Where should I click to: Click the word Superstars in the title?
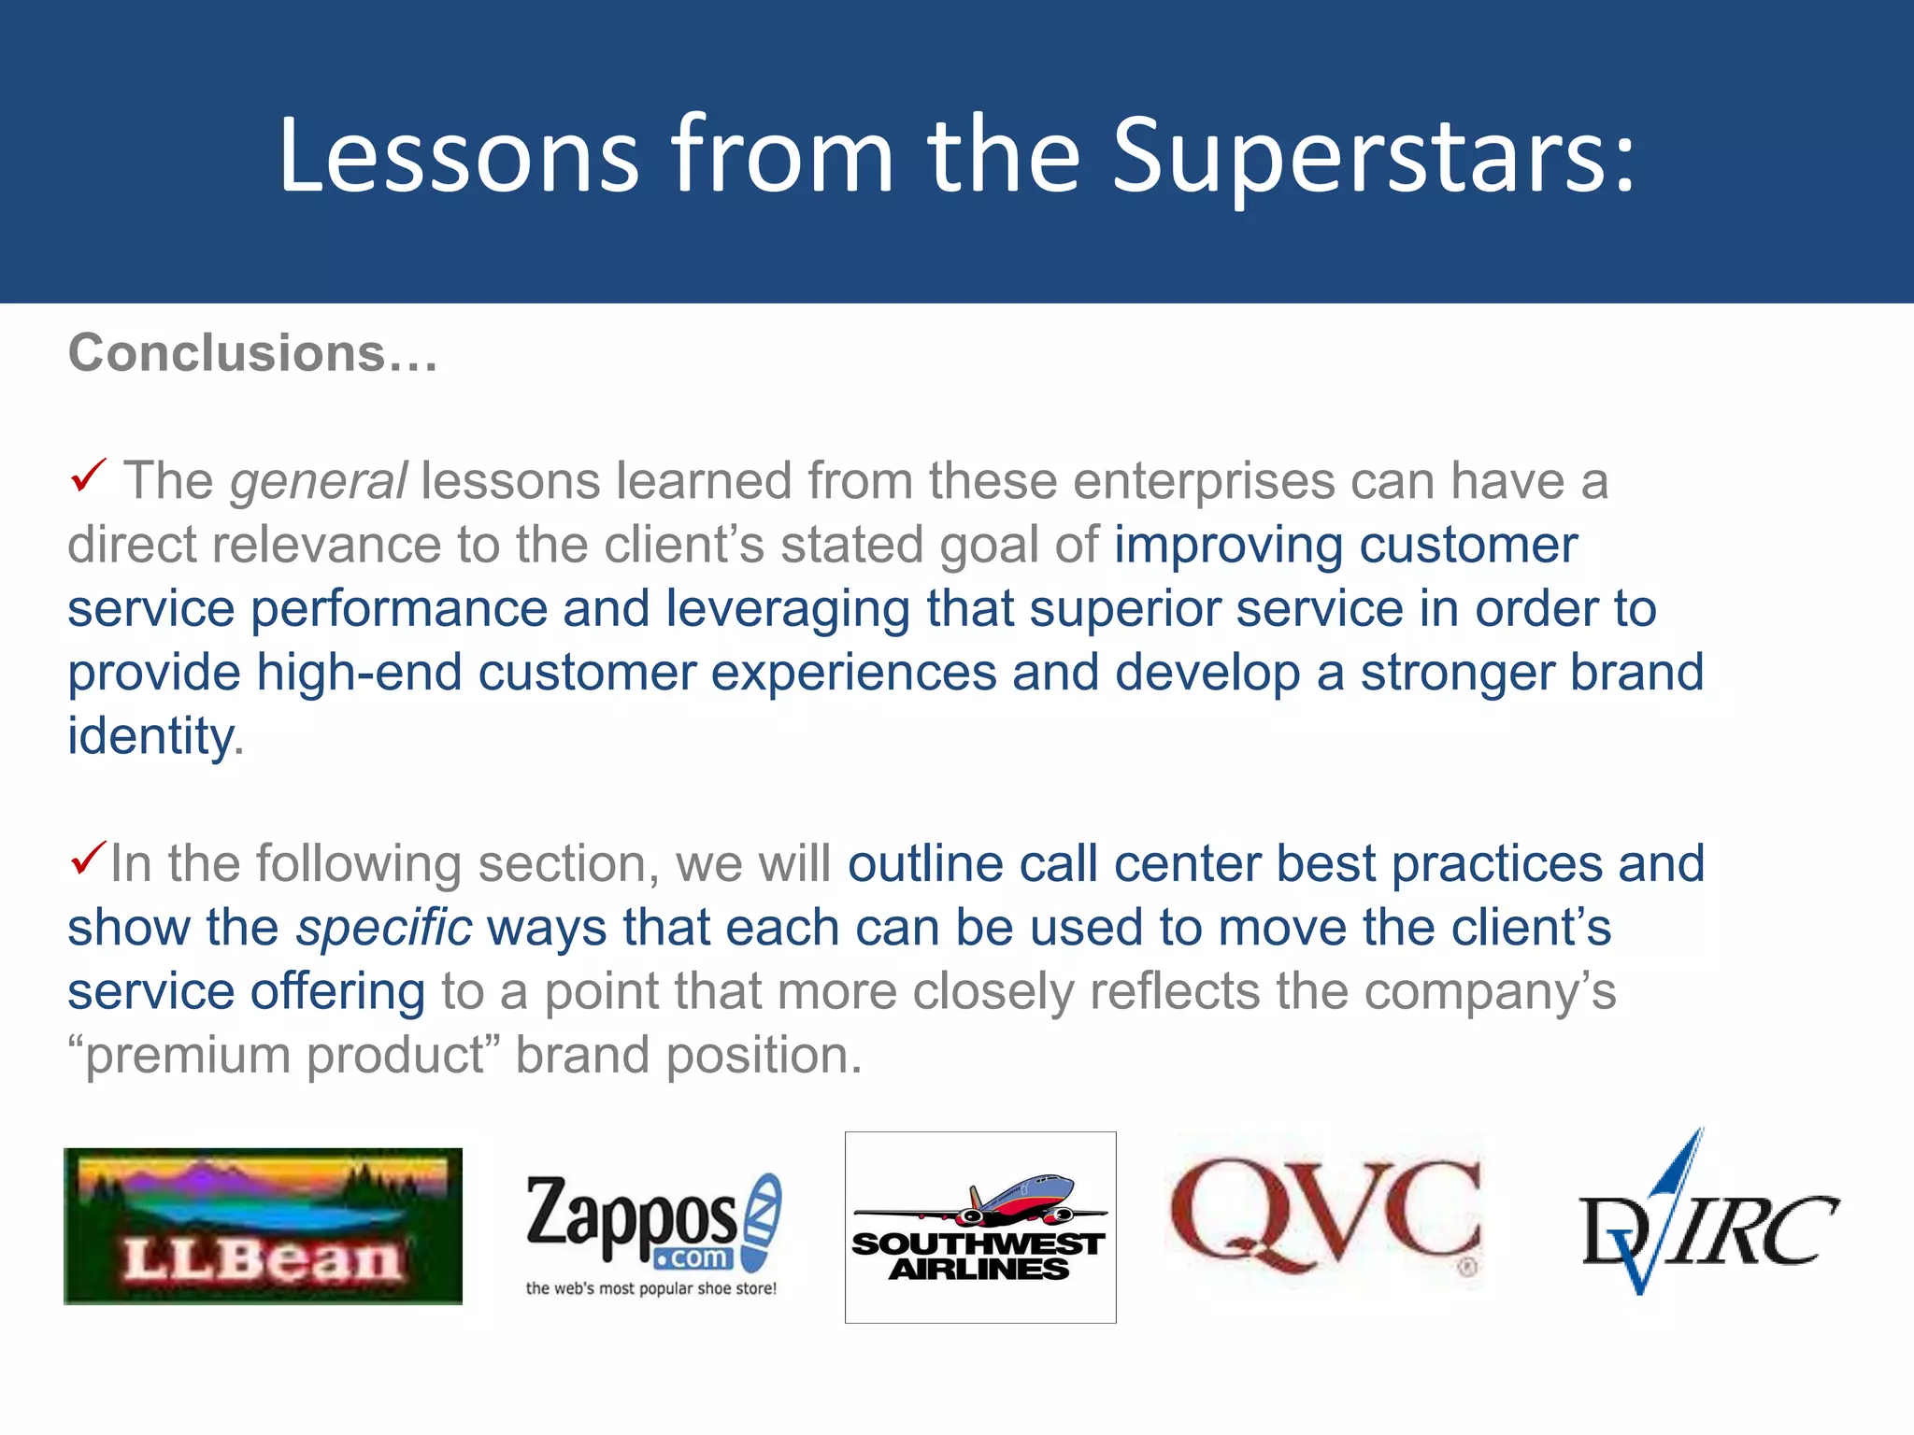pos(1374,157)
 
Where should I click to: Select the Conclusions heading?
pos(252,354)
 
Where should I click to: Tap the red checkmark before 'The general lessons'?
pos(89,476)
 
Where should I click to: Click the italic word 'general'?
pos(319,482)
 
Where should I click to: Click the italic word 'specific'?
pos(384,929)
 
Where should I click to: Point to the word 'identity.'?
pos(155,736)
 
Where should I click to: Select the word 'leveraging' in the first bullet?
pos(787,609)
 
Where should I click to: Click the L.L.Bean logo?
pos(263,1226)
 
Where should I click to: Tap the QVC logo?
pos(1325,1215)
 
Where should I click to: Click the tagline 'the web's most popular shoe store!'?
pos(650,1288)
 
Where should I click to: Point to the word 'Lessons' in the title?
pos(458,157)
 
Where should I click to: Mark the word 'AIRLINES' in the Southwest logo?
pos(978,1269)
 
